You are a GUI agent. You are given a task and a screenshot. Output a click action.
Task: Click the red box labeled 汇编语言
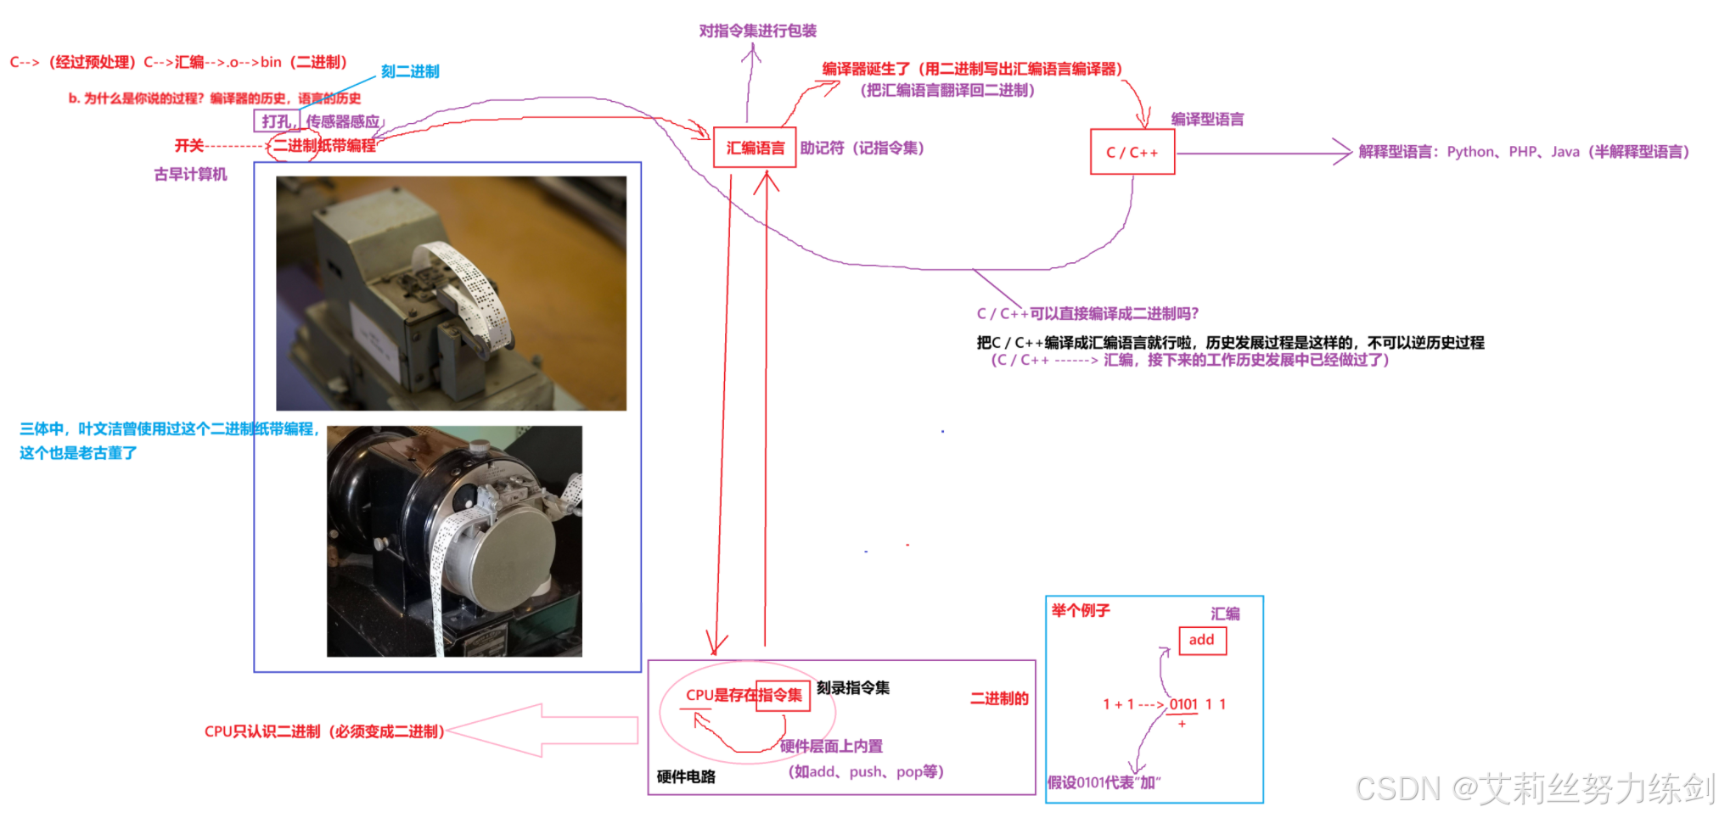pyautogui.click(x=755, y=148)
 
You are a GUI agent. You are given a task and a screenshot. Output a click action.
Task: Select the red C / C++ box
pyautogui.click(x=1132, y=153)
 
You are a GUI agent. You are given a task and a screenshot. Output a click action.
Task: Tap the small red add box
pyautogui.click(x=1201, y=640)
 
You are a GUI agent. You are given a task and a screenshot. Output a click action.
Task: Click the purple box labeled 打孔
pyautogui.click(x=276, y=121)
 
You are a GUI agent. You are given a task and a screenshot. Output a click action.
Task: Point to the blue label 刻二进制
pyautogui.click(x=410, y=72)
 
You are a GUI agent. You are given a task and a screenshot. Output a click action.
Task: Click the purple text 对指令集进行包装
pyautogui.click(x=757, y=31)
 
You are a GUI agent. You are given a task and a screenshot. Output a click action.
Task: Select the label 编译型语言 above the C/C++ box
pyautogui.click(x=1207, y=120)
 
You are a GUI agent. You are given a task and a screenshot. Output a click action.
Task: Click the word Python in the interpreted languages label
pyautogui.click(x=1471, y=152)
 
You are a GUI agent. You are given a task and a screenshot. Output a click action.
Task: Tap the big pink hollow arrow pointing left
pyautogui.click(x=543, y=730)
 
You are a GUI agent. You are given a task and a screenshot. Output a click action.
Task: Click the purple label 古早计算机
pyautogui.click(x=190, y=175)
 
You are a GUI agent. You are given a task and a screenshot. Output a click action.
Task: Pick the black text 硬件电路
pyautogui.click(x=686, y=776)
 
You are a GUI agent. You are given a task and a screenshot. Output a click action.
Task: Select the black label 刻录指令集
pyautogui.click(x=853, y=688)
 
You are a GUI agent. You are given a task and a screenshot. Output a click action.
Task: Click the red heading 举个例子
pyautogui.click(x=1081, y=611)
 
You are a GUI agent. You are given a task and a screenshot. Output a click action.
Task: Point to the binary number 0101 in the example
pyautogui.click(x=1183, y=704)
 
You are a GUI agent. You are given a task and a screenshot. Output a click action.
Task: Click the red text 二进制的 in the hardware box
pyautogui.click(x=999, y=698)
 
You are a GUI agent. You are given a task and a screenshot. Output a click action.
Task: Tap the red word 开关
pyautogui.click(x=189, y=146)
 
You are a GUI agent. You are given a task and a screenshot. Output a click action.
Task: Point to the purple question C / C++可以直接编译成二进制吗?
pyautogui.click(x=1087, y=314)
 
